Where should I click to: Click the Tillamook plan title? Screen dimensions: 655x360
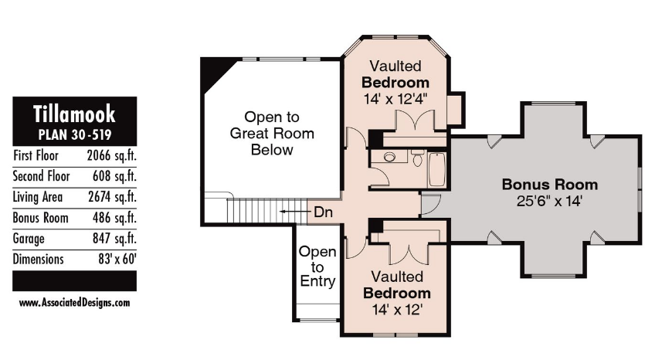pyautogui.click(x=74, y=114)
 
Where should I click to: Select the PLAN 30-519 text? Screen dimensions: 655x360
pyautogui.click(x=75, y=134)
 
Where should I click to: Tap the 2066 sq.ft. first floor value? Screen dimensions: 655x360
pyautogui.click(x=111, y=156)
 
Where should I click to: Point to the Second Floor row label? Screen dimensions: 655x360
pyautogui.click(x=42, y=176)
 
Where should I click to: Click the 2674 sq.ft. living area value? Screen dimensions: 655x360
pyautogui.click(x=112, y=197)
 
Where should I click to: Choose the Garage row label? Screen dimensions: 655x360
pyautogui.click(x=29, y=239)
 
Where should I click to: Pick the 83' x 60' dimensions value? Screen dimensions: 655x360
pyautogui.click(x=117, y=259)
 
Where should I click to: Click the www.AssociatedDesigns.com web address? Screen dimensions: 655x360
pyautogui.click(x=74, y=302)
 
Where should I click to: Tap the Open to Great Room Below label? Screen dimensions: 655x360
pyautogui.click(x=272, y=133)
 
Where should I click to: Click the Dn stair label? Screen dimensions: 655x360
pyautogui.click(x=323, y=212)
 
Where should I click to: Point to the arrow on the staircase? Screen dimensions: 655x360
pyautogui.click(x=295, y=212)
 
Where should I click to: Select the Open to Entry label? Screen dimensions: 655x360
pyautogui.click(x=317, y=267)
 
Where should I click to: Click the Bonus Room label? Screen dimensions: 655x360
pyautogui.click(x=550, y=184)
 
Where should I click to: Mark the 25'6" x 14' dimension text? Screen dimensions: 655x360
pyautogui.click(x=549, y=201)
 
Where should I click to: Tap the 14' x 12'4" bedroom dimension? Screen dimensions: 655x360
pyautogui.click(x=395, y=100)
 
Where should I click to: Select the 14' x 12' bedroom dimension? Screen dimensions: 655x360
pyautogui.click(x=397, y=310)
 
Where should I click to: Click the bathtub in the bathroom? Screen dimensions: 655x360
pyautogui.click(x=437, y=169)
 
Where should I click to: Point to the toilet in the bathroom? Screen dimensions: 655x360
pyautogui.click(x=417, y=158)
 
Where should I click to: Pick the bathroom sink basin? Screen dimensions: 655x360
pyautogui.click(x=389, y=157)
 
